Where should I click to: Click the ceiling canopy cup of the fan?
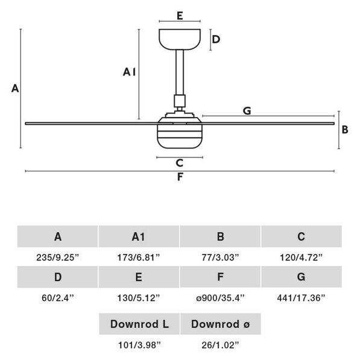[x=180, y=39]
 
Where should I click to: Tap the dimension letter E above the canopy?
[x=180, y=16]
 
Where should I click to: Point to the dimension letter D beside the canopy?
[x=216, y=39]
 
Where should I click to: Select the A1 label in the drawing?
[x=129, y=72]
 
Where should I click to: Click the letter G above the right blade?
[x=247, y=111]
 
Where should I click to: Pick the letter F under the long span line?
[x=180, y=177]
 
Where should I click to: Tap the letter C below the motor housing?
[x=180, y=163]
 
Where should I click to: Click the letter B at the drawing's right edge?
[x=345, y=130]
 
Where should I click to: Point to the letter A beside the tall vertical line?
[x=15, y=89]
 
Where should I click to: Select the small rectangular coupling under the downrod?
[x=180, y=101]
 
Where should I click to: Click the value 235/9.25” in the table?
[x=58, y=257]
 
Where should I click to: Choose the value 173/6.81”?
[x=139, y=257]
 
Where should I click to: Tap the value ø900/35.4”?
[x=220, y=298]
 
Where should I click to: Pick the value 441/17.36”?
[x=301, y=298]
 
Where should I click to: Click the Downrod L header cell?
[x=139, y=324]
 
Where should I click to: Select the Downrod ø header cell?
[x=221, y=324]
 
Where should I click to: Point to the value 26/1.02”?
[x=220, y=345]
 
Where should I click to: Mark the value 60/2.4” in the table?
[x=58, y=298]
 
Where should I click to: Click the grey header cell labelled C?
[x=302, y=237]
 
